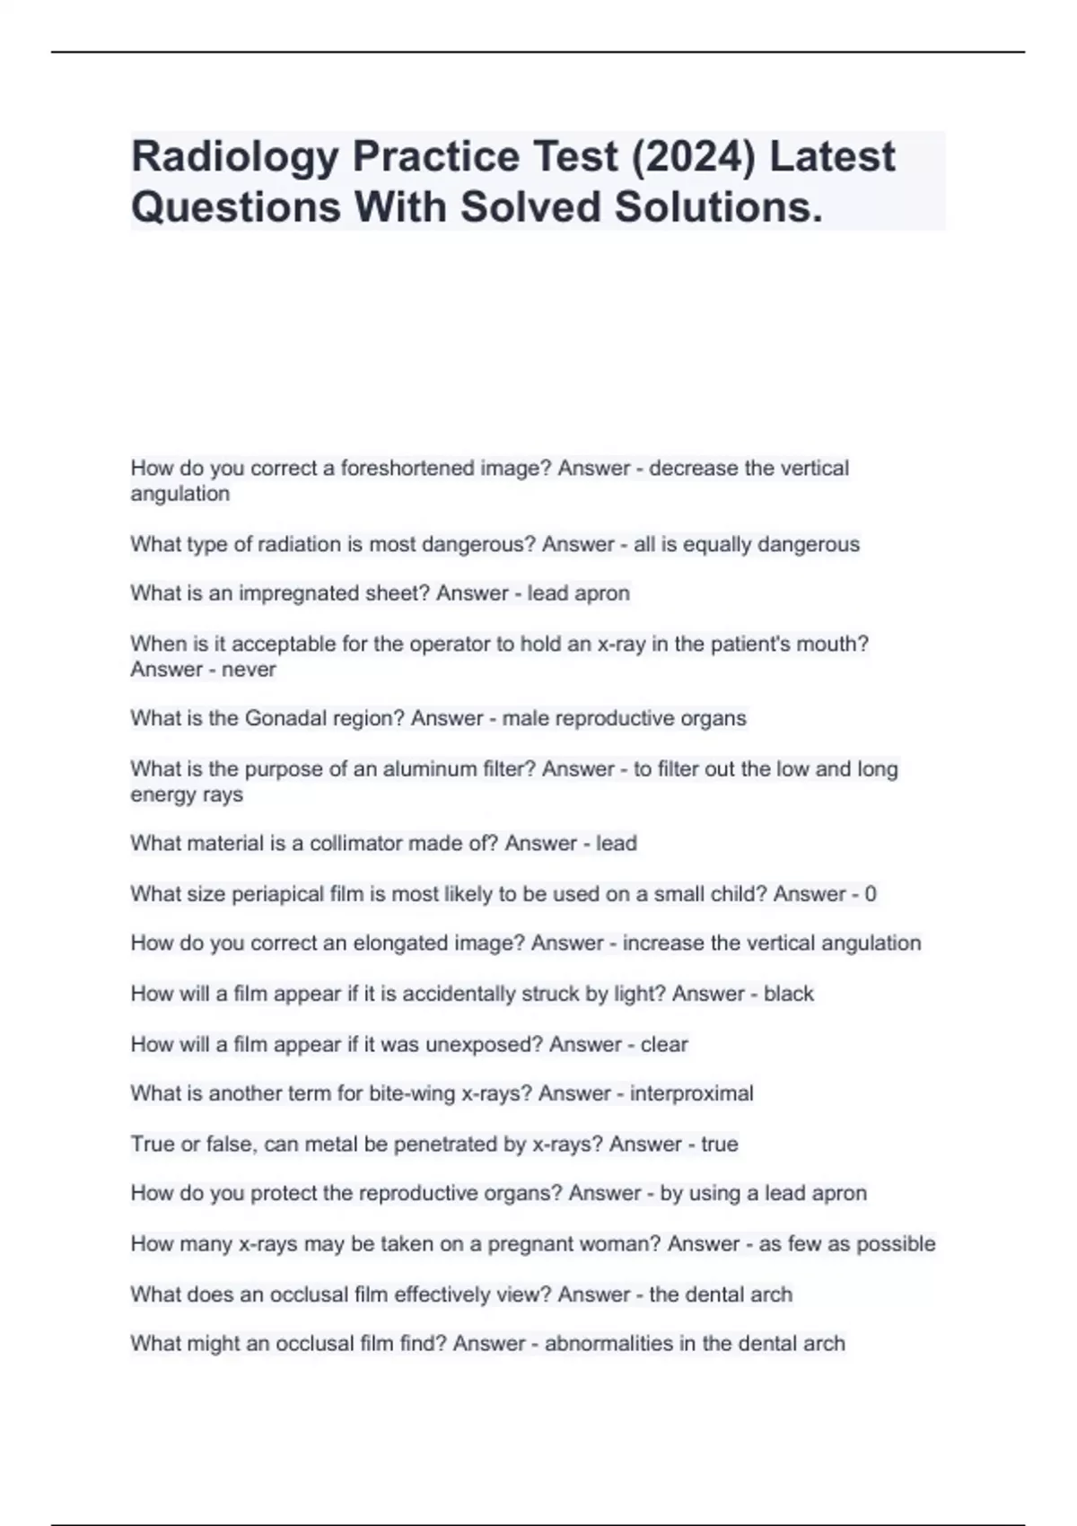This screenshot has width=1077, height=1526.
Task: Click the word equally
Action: click(x=722, y=544)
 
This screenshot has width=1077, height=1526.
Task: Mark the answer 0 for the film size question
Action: click(x=871, y=894)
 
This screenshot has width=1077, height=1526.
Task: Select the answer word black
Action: click(x=789, y=994)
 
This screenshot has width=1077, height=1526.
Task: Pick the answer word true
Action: click(x=720, y=1144)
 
